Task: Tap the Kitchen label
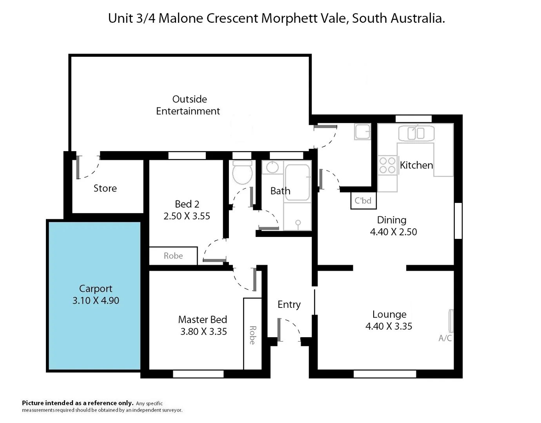(416, 165)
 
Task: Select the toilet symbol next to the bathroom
(242, 173)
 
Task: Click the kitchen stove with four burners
(387, 165)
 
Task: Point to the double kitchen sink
(416, 134)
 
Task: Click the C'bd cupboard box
(363, 201)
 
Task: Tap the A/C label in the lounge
(445, 338)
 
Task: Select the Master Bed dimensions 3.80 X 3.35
(203, 332)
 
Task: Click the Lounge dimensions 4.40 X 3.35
(389, 326)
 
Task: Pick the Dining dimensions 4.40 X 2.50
(393, 232)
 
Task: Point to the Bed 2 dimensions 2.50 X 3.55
(187, 216)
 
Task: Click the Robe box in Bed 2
(173, 256)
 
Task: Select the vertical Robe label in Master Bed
(252, 335)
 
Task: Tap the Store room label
(105, 188)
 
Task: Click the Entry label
(289, 304)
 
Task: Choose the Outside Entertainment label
(188, 105)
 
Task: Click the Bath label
(280, 191)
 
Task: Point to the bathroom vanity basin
(272, 168)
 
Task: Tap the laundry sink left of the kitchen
(363, 132)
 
